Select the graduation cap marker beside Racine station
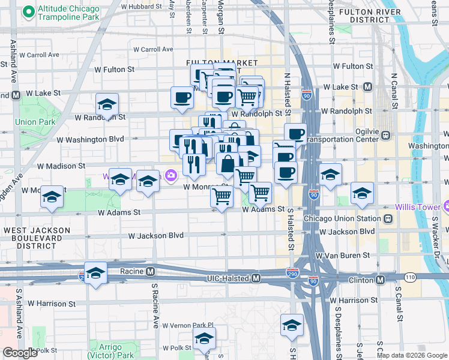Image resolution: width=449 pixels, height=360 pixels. click(x=96, y=273)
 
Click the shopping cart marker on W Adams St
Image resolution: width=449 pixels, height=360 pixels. click(x=222, y=196)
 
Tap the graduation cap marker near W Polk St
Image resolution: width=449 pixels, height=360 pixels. click(x=204, y=339)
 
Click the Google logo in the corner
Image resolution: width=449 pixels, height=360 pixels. click(x=20, y=353)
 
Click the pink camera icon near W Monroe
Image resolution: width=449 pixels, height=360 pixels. click(x=172, y=175)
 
